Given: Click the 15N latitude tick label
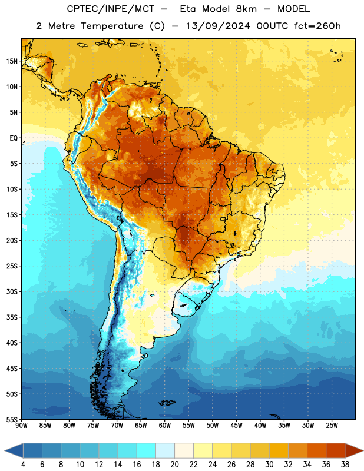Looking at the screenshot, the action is [x=12, y=61].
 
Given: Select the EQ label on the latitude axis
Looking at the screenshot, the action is [x=14, y=138].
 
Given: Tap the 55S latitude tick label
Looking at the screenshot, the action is [x=12, y=419].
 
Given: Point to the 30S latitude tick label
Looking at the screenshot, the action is [x=12, y=291].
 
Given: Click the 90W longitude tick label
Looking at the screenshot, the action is [x=22, y=426].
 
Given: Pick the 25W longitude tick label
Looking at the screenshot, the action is [x=332, y=426].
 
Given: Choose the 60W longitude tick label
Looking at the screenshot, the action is [x=165, y=426].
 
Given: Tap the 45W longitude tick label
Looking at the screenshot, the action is [x=237, y=426].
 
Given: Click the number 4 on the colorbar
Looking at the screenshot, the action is [x=23, y=465].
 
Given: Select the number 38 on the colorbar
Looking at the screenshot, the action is [x=345, y=465].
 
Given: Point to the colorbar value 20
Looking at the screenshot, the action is [x=174, y=465].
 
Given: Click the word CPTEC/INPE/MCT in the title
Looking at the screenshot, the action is [x=111, y=9].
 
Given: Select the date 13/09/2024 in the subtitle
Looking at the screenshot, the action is [x=218, y=26].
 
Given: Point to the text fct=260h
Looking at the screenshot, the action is [x=317, y=26].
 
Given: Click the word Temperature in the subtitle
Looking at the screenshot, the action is [x=112, y=26].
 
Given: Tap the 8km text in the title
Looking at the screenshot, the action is [x=246, y=9].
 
